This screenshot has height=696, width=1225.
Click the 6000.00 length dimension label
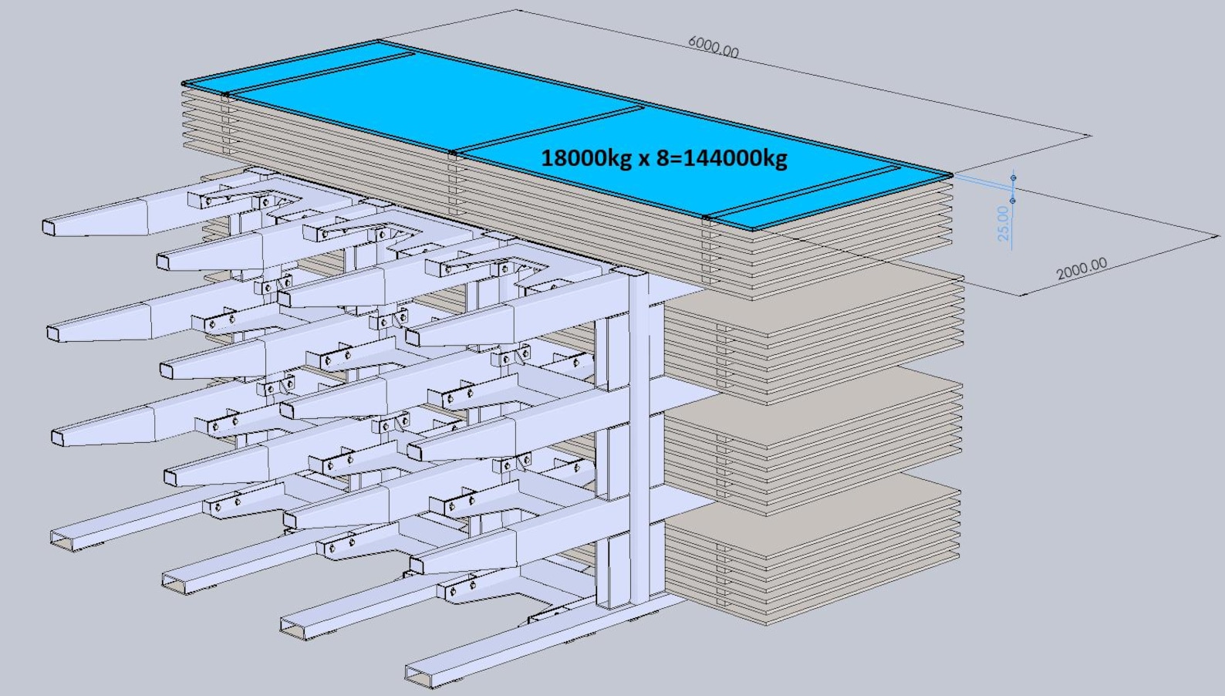tap(714, 46)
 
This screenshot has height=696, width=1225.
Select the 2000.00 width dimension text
tap(1082, 269)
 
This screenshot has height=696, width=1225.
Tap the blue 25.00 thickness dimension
tap(1003, 223)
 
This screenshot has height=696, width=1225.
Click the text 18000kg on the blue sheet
tap(586, 159)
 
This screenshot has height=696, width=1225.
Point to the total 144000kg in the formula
tap(736, 159)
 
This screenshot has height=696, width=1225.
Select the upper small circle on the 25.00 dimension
tap(1014, 177)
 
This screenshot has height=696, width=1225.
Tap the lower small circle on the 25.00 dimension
tap(1012, 201)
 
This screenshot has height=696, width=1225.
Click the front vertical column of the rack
tap(639, 438)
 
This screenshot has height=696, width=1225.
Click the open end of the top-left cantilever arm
tap(49, 227)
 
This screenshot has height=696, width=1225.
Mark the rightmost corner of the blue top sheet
tap(953, 175)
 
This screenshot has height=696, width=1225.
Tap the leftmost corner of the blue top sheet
tap(183, 83)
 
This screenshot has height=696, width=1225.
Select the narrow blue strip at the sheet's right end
tap(832, 197)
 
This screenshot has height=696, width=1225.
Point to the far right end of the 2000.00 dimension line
tap(1218, 236)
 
